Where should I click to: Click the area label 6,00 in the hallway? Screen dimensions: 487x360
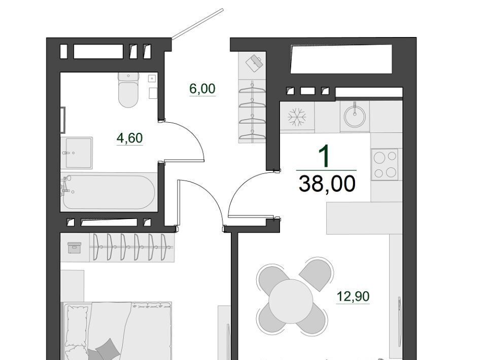click(202, 89)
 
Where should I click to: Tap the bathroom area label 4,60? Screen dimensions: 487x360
click(129, 138)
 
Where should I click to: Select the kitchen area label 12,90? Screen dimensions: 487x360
click(353, 297)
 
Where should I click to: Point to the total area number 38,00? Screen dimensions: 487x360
click(327, 184)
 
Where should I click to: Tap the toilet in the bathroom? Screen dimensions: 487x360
click(128, 90)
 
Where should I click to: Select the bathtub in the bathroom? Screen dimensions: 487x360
click(109, 192)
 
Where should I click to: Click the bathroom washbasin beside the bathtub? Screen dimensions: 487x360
click(77, 153)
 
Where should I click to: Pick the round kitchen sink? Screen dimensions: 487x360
click(355, 116)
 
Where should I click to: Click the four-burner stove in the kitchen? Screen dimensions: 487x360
click(385, 164)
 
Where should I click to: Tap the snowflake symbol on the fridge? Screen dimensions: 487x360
click(297, 117)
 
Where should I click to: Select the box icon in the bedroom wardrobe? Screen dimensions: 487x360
click(74, 248)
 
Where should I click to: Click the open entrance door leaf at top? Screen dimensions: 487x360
click(197, 24)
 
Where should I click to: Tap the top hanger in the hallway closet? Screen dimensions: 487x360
click(252, 88)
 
